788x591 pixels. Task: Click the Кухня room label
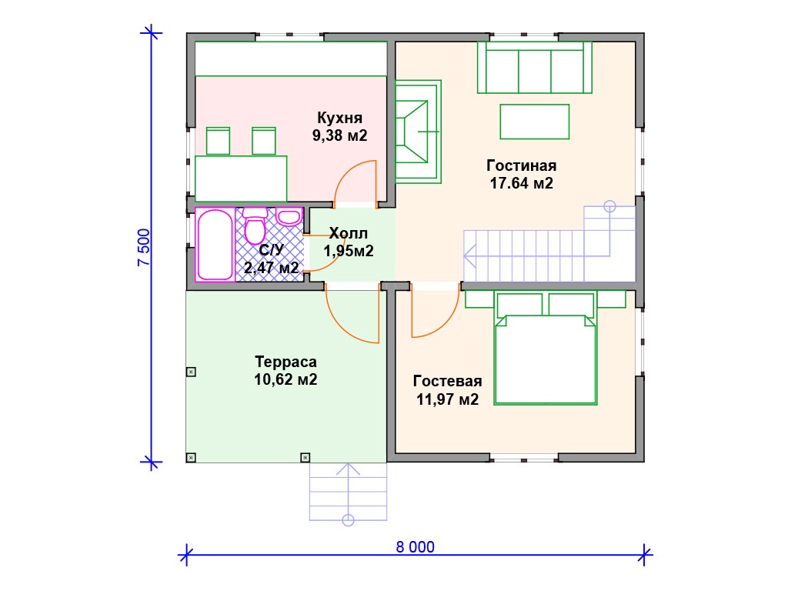(x=339, y=118)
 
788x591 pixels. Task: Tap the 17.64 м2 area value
(x=522, y=183)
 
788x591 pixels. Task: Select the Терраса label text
(x=286, y=362)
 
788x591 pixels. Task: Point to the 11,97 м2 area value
(x=447, y=399)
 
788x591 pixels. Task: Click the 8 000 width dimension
(x=415, y=547)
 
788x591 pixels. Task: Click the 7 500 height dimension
(x=144, y=247)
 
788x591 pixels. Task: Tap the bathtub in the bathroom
(x=215, y=245)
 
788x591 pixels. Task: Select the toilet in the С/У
(x=255, y=227)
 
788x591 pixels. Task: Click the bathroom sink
(x=289, y=217)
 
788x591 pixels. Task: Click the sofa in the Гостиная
(x=534, y=68)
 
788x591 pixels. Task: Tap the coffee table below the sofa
(x=534, y=122)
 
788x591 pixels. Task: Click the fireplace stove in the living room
(x=418, y=131)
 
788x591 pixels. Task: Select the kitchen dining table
(x=241, y=179)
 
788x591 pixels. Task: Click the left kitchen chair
(x=218, y=141)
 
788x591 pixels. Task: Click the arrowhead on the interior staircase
(x=469, y=255)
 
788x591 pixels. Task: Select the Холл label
(x=349, y=233)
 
